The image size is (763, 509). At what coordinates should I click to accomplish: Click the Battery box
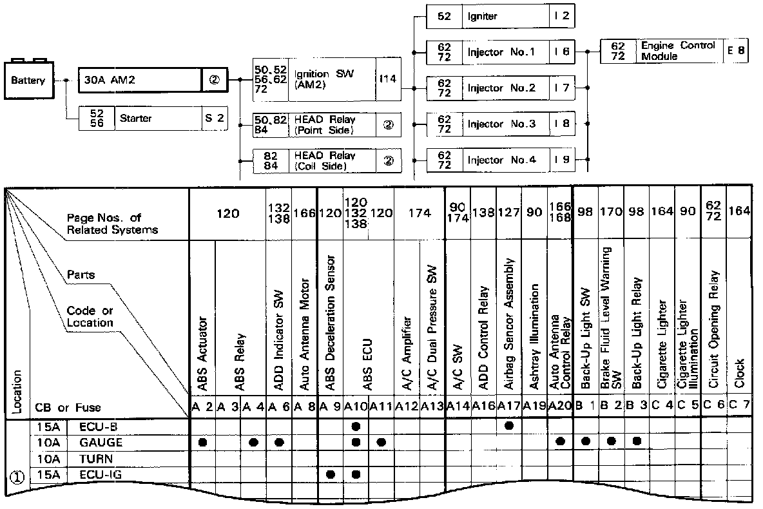pos(28,81)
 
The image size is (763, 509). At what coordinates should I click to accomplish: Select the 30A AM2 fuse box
pos(140,81)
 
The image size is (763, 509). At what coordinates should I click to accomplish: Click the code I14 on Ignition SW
pos(388,80)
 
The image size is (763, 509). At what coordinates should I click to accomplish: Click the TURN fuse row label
pos(96,459)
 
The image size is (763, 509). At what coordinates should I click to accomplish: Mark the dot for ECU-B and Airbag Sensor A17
pos(509,426)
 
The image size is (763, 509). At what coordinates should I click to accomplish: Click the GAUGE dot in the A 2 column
pos(202,442)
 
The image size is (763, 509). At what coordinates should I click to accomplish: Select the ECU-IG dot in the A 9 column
pos(331,474)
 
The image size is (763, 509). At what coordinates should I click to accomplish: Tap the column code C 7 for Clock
pos(739,407)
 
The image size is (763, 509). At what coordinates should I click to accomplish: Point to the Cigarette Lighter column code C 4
pos(662,407)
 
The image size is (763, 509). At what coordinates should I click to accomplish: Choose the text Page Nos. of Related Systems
pos(113,224)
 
